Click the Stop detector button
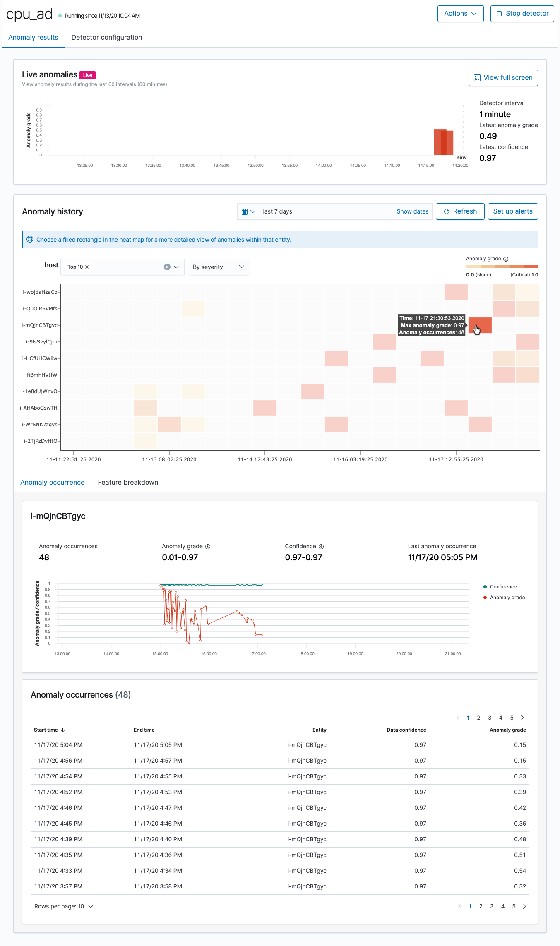coord(522,14)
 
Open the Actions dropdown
coord(460,14)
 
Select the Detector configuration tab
coord(107,37)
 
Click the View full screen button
coord(503,78)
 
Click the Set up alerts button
coord(512,211)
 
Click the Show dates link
coord(412,211)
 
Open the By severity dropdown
coord(219,267)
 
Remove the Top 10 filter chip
coord(87,267)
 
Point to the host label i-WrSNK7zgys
coord(40,425)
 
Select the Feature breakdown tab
coord(128,483)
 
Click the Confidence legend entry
coord(503,587)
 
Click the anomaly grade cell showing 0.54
coord(520,871)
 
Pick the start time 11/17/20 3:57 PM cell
coord(58,886)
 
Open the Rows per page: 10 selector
coord(64,906)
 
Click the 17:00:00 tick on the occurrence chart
coord(257,654)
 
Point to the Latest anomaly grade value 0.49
coord(488,136)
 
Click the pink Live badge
coord(87,75)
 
